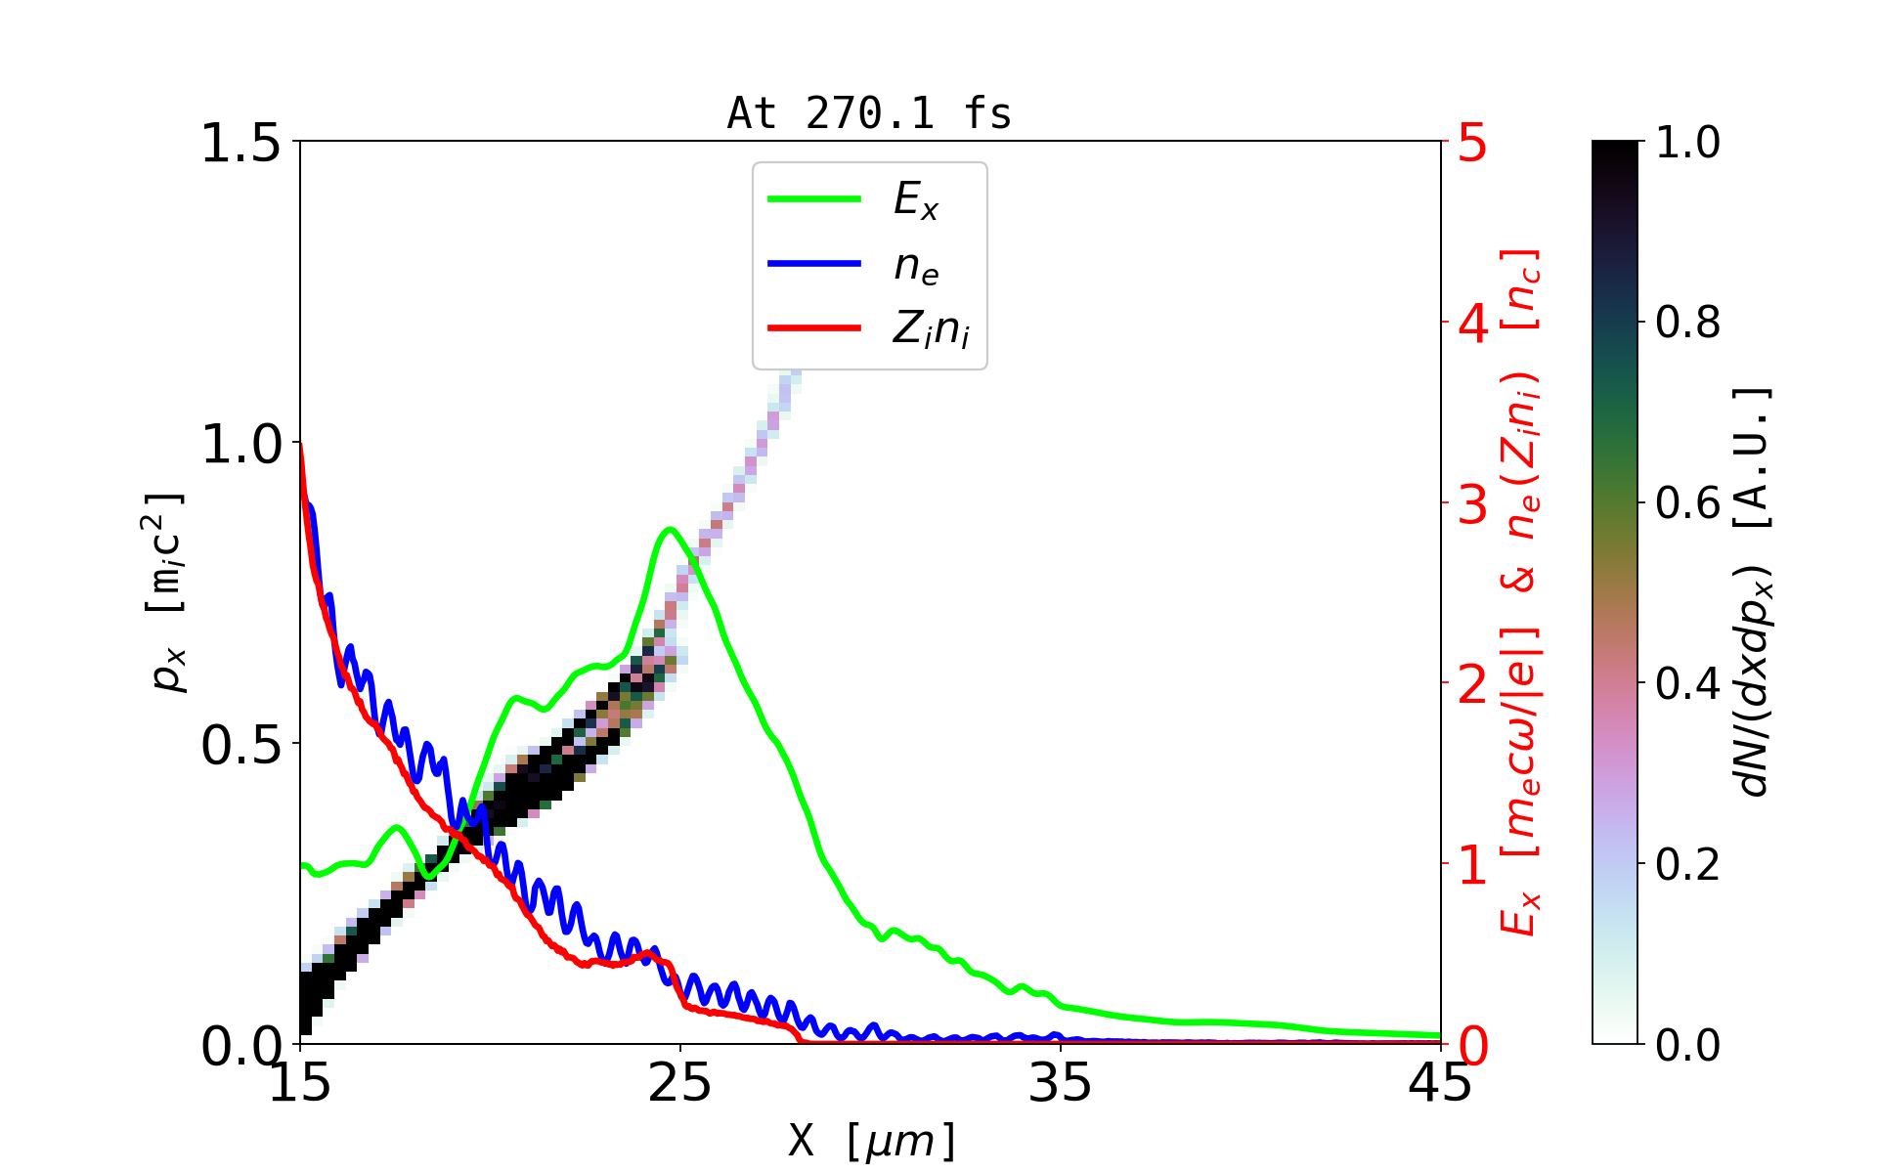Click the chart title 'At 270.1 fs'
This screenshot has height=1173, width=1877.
[869, 113]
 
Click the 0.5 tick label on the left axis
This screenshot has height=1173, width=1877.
[240, 745]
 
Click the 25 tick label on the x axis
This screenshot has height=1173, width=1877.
[680, 1082]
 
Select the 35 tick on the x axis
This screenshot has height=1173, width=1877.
[1061, 1082]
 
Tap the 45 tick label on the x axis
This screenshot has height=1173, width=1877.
[1440, 1082]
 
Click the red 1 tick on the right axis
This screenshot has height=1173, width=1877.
[1472, 864]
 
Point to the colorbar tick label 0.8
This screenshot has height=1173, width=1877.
[1687, 322]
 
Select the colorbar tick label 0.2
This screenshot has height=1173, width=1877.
[1687, 864]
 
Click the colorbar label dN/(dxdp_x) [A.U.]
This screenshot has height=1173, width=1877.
[1755, 591]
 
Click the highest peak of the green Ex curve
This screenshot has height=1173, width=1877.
[670, 529]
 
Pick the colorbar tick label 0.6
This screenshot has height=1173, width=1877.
[1687, 503]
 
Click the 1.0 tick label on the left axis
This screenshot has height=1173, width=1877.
[240, 444]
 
